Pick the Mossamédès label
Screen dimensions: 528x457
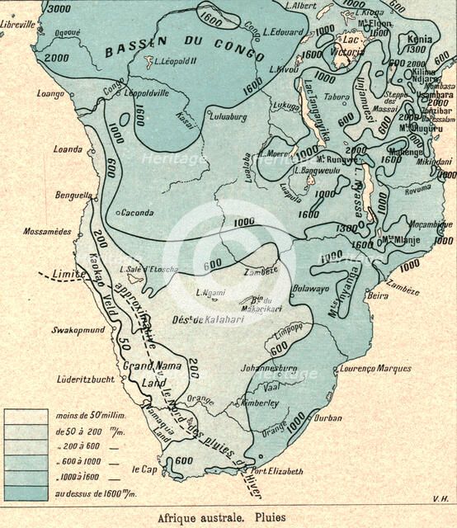click(x=47, y=232)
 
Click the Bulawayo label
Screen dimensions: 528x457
click(x=311, y=288)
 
